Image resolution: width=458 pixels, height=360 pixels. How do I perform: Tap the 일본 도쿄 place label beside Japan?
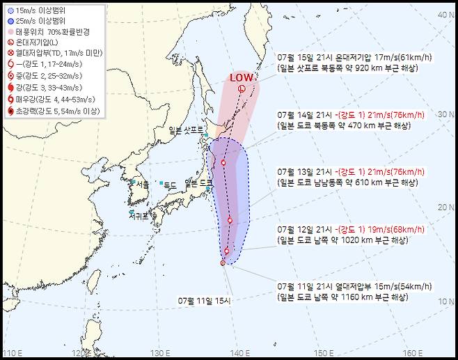point(198,183)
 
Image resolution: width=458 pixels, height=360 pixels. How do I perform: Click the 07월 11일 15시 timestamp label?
point(207,300)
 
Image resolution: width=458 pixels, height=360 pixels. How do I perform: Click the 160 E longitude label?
point(412,352)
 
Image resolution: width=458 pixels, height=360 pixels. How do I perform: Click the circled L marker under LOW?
point(241,89)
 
